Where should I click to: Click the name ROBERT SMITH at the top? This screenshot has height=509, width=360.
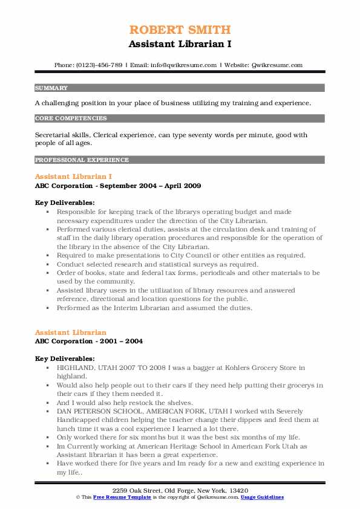180,29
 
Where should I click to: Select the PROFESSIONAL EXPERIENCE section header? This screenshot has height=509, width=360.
82,160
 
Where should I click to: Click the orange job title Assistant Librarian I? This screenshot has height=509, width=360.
73,177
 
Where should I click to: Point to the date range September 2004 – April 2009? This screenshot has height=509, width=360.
151,186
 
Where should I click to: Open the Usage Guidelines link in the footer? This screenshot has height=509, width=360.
262,497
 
